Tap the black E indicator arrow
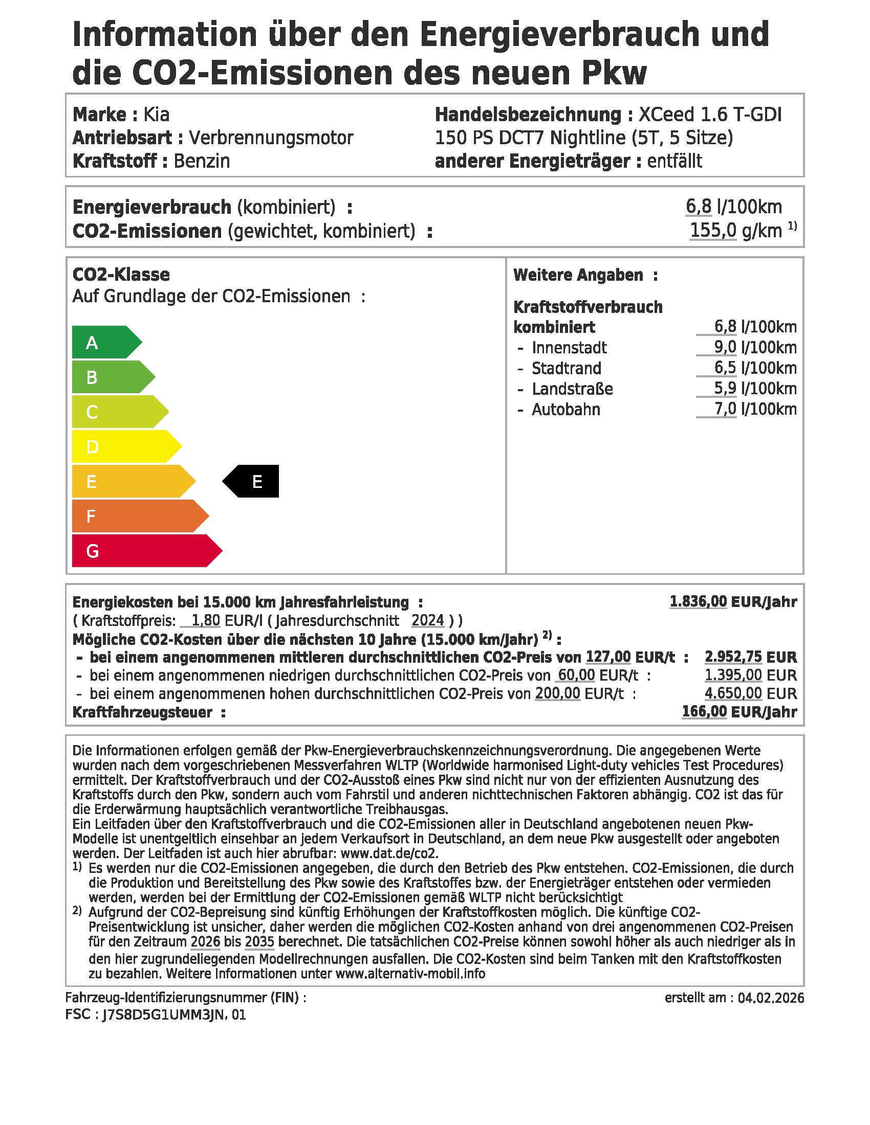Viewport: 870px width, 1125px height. coord(252,481)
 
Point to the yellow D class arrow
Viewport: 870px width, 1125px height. coord(124,446)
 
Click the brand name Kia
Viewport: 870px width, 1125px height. coord(156,115)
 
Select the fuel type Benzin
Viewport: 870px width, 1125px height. coord(202,161)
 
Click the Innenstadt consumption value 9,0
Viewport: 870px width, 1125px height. coord(725,347)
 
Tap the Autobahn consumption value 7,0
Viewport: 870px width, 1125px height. coord(725,409)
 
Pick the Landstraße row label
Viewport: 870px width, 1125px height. coord(572,389)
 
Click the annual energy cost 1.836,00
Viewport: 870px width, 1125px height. coord(698,602)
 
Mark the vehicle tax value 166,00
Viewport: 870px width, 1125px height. coord(704,712)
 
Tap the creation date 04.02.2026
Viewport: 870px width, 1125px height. coord(771,998)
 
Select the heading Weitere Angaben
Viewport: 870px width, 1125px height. coord(578,275)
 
